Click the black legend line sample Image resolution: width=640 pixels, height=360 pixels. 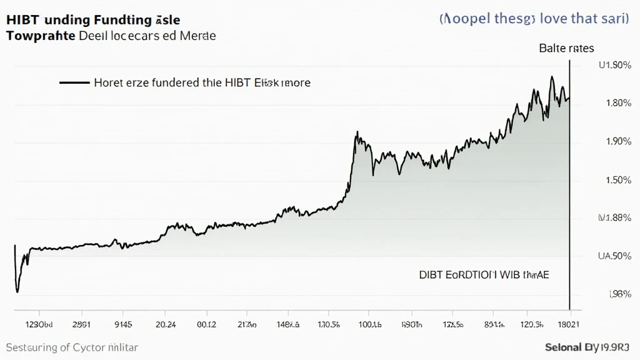(74, 82)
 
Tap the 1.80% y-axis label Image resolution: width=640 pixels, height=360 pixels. (618, 103)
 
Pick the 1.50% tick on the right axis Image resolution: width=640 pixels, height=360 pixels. (618, 180)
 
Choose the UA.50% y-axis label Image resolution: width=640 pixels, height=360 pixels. (615, 256)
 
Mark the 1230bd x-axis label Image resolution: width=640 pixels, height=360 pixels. (38, 324)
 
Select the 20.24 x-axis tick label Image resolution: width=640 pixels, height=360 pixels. (165, 324)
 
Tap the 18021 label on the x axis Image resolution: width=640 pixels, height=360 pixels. (566, 324)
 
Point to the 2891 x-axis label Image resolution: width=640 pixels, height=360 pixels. (82, 324)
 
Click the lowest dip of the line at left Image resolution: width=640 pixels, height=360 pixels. (17, 291)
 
